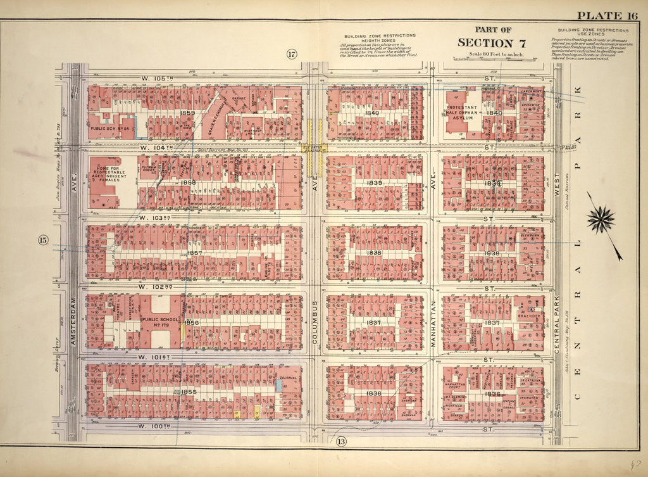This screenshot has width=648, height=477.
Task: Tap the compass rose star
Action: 601,220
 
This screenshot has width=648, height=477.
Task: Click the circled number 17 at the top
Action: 291,54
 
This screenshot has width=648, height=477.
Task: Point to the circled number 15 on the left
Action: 43,240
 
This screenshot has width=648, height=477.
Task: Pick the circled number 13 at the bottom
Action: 341,442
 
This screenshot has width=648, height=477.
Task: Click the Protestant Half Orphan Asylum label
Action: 466,110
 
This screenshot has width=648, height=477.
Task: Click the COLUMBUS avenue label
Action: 315,323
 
